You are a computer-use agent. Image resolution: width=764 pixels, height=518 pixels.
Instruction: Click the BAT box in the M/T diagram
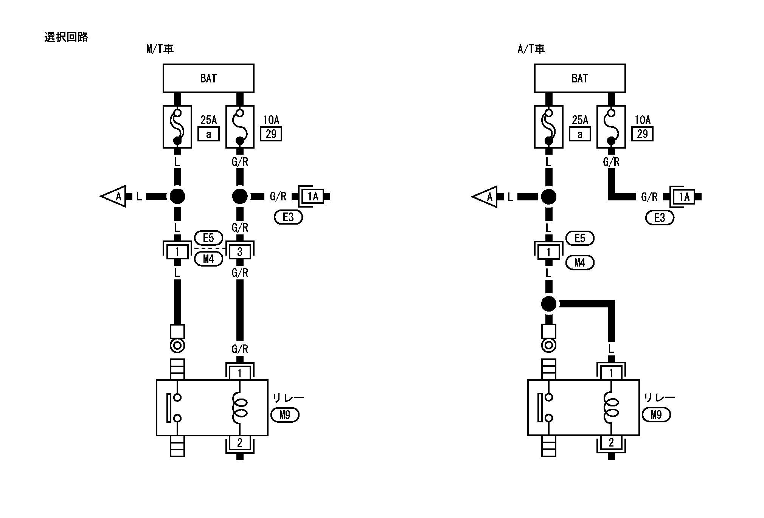[208, 78]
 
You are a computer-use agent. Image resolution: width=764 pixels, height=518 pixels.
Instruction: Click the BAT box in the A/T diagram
[579, 78]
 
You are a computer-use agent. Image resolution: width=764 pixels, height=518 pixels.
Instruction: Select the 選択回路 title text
[66, 37]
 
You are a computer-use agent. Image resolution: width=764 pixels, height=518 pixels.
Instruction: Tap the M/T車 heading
[160, 49]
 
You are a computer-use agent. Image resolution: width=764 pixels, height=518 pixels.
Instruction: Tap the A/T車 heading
[531, 49]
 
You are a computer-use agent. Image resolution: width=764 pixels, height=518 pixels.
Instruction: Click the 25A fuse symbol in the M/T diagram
[177, 127]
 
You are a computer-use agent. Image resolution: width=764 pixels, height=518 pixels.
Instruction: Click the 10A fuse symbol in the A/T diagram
[611, 127]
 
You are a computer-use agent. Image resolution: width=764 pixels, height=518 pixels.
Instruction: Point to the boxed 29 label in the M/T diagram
[271, 134]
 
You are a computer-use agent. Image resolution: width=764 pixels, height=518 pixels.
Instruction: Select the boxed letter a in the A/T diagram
[580, 134]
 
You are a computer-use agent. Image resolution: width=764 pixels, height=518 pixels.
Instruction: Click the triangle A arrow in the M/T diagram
[114, 196]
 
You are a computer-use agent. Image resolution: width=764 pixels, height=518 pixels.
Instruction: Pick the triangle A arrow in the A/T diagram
[485, 197]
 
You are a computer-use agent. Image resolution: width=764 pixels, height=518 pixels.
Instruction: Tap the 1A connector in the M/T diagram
[313, 196]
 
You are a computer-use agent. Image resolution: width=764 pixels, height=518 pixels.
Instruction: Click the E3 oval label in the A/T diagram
[660, 218]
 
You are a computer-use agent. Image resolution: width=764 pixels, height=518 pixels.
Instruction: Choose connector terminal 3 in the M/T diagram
[240, 252]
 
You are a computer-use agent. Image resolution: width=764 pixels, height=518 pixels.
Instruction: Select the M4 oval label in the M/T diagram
[208, 259]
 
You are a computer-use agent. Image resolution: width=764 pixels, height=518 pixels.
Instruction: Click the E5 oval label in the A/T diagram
[580, 238]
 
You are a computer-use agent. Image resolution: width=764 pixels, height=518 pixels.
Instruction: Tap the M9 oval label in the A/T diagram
[656, 415]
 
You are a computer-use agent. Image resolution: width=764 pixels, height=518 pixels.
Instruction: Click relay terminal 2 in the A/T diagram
[611, 442]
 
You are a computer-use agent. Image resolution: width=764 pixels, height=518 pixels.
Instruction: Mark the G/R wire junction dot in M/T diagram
[239, 196]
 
